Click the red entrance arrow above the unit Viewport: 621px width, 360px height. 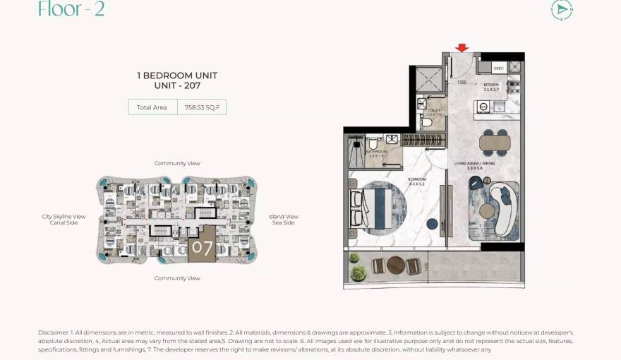[462, 48]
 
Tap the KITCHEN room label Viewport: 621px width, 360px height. [491, 85]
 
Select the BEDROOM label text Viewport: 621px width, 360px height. [417, 180]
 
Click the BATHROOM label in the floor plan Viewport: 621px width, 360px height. [375, 151]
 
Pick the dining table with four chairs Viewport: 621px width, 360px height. [493, 142]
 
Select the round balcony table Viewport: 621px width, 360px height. [395, 265]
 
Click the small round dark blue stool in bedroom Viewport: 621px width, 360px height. [432, 224]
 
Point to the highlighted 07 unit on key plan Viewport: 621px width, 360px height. [202, 247]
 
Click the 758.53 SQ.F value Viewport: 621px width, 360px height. [201, 107]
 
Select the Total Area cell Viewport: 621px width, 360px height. [152, 107]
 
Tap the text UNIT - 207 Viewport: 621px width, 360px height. [176, 85]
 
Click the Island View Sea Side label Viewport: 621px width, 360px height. [283, 220]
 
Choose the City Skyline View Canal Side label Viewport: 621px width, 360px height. [64, 220]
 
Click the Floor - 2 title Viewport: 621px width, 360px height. [71, 9]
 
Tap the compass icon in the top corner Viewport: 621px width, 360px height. [562, 9]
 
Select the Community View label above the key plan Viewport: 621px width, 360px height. [177, 163]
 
